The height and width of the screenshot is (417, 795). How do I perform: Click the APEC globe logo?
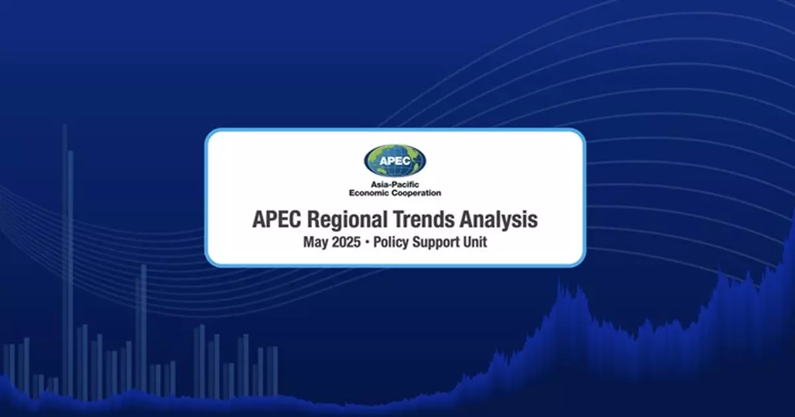click(x=395, y=160)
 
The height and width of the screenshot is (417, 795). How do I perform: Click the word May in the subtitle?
click(x=316, y=243)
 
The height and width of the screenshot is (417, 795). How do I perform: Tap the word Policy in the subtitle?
click(x=392, y=243)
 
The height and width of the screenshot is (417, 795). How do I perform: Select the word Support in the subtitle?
click(x=438, y=243)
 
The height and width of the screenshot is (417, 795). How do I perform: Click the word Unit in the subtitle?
click(x=475, y=242)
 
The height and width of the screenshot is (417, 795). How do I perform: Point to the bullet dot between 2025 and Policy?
click(x=367, y=243)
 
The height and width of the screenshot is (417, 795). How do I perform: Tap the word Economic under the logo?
click(x=371, y=193)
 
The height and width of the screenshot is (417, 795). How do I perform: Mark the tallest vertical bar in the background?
click(x=64, y=265)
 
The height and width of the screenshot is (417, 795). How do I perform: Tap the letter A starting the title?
click(x=258, y=219)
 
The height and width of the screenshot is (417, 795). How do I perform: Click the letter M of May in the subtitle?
click(x=309, y=243)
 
